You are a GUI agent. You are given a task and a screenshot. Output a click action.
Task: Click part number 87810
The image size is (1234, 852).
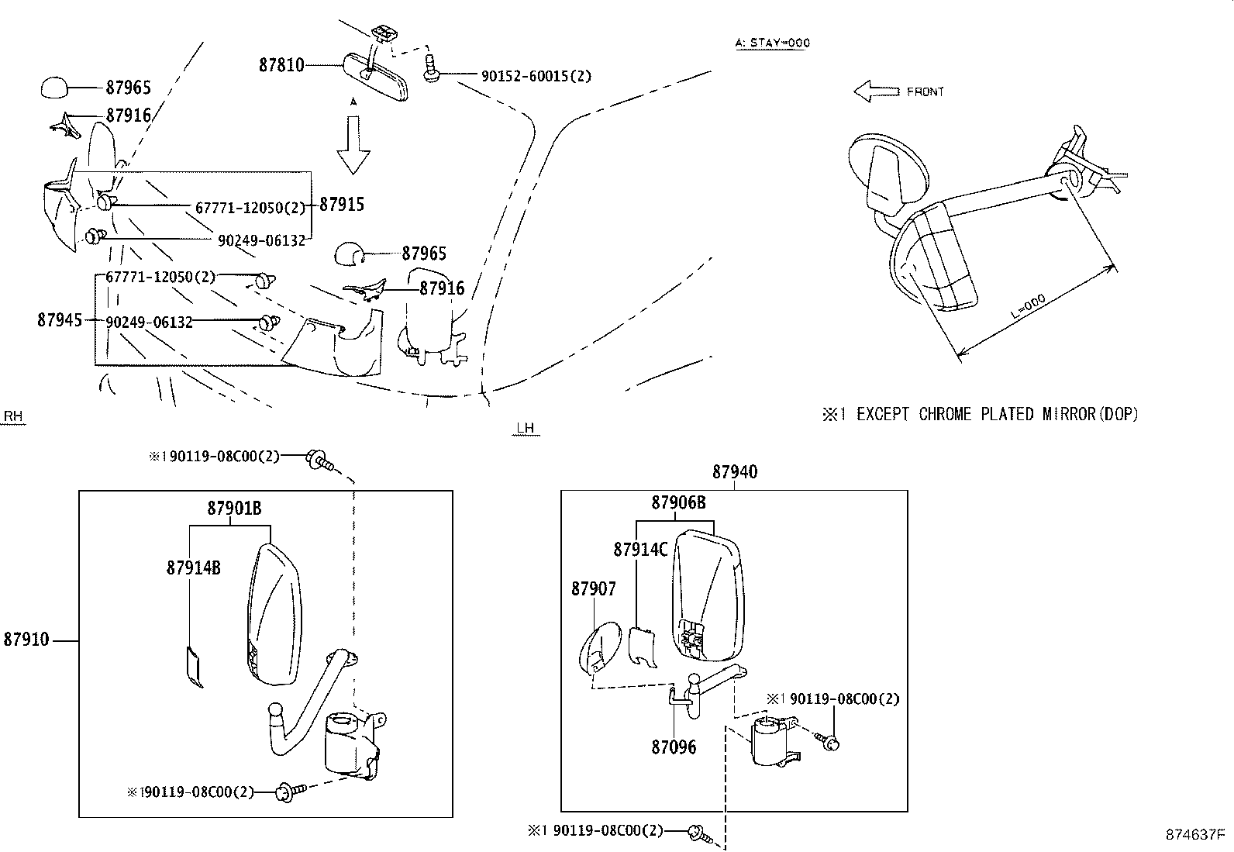281,65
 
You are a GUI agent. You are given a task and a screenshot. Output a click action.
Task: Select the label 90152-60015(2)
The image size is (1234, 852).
536,76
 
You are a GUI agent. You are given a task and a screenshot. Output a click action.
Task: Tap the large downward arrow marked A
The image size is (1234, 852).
354,144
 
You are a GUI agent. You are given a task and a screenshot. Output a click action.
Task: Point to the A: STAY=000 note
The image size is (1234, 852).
772,43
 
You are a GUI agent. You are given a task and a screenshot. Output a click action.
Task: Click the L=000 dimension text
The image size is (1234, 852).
1029,308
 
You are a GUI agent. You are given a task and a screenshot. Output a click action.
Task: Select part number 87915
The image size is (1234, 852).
342,205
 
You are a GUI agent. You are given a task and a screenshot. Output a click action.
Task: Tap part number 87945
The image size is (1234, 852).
60,319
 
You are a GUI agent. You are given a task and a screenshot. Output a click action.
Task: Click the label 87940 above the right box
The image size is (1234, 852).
735,472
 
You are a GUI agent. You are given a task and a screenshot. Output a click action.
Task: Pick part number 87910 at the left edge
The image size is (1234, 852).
26,640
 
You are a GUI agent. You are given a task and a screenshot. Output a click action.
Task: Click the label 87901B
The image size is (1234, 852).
233,509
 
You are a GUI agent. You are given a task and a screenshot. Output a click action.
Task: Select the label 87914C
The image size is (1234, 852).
640,550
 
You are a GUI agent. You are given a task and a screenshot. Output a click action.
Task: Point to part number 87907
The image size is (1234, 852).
594,589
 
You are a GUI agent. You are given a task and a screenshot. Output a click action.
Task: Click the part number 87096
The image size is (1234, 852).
674,747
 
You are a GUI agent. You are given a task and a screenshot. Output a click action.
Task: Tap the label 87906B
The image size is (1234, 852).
678,502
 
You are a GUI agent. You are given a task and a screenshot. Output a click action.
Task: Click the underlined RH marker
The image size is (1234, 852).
13,417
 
